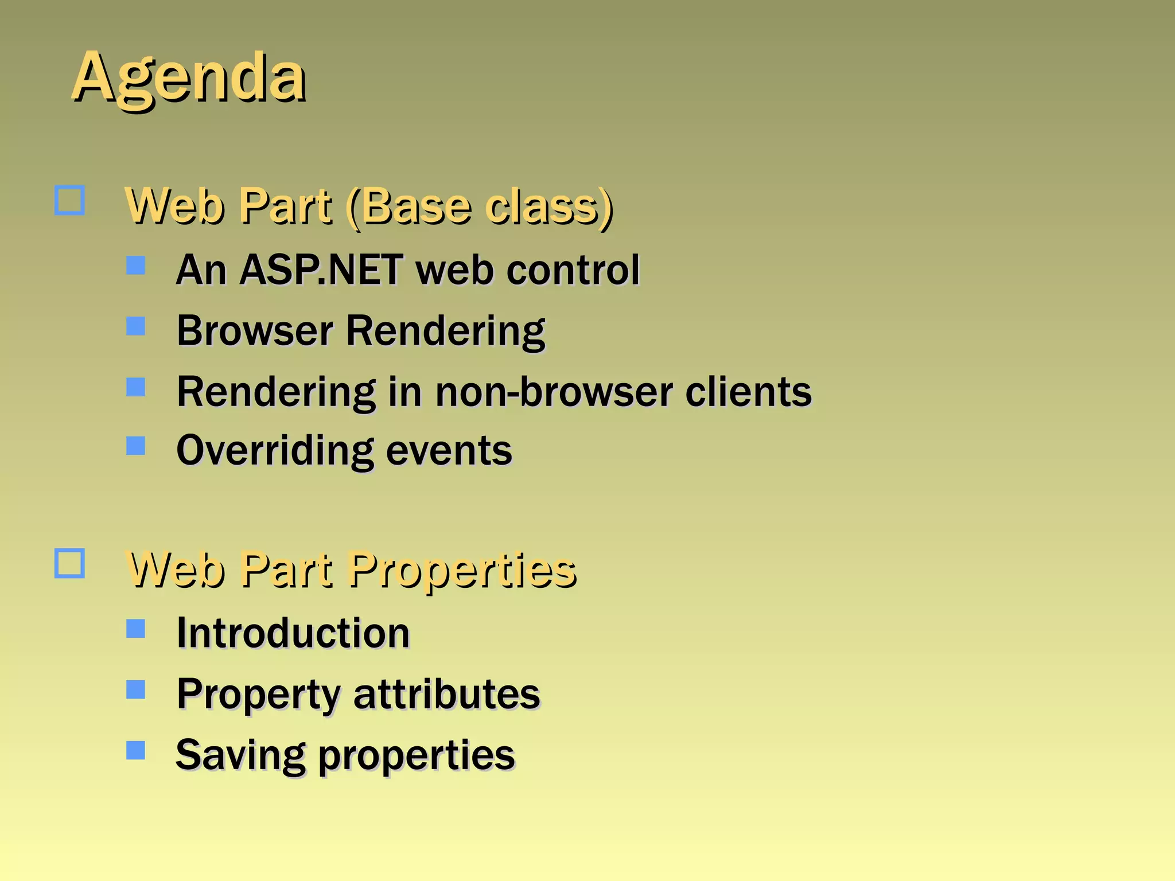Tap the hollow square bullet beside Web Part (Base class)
[x=70, y=200]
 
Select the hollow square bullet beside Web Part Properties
[x=70, y=563]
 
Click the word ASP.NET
[x=321, y=270]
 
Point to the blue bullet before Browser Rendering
[x=136, y=326]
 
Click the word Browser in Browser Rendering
[x=255, y=331]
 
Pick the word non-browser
[x=554, y=392]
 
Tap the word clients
[x=749, y=392]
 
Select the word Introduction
[x=293, y=633]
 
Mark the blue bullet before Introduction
[x=136, y=629]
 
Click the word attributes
[x=447, y=694]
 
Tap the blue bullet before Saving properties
[x=136, y=750]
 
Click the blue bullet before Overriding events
[x=136, y=446]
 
